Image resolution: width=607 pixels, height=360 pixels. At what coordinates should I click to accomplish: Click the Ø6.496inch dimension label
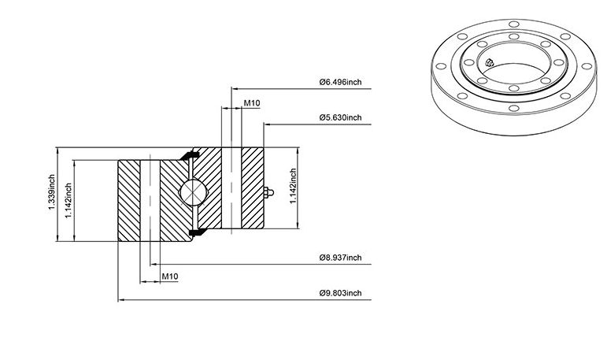point(340,82)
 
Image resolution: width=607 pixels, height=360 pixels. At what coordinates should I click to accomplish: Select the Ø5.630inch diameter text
point(340,117)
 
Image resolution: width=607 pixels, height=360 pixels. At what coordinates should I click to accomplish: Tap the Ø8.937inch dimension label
point(340,258)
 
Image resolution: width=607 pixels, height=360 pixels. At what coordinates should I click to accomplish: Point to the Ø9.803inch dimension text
point(340,293)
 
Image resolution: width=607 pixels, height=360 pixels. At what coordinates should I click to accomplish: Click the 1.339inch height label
point(51,192)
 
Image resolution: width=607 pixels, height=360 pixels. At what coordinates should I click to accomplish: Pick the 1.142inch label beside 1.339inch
point(68,201)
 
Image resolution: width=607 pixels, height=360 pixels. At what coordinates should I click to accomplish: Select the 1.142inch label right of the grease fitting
point(293,187)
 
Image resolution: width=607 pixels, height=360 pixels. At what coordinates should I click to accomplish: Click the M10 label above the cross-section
point(252,103)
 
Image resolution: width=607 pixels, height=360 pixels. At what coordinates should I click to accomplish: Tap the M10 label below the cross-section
point(170,276)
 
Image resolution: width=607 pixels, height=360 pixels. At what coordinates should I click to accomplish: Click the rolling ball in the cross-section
point(193,192)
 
